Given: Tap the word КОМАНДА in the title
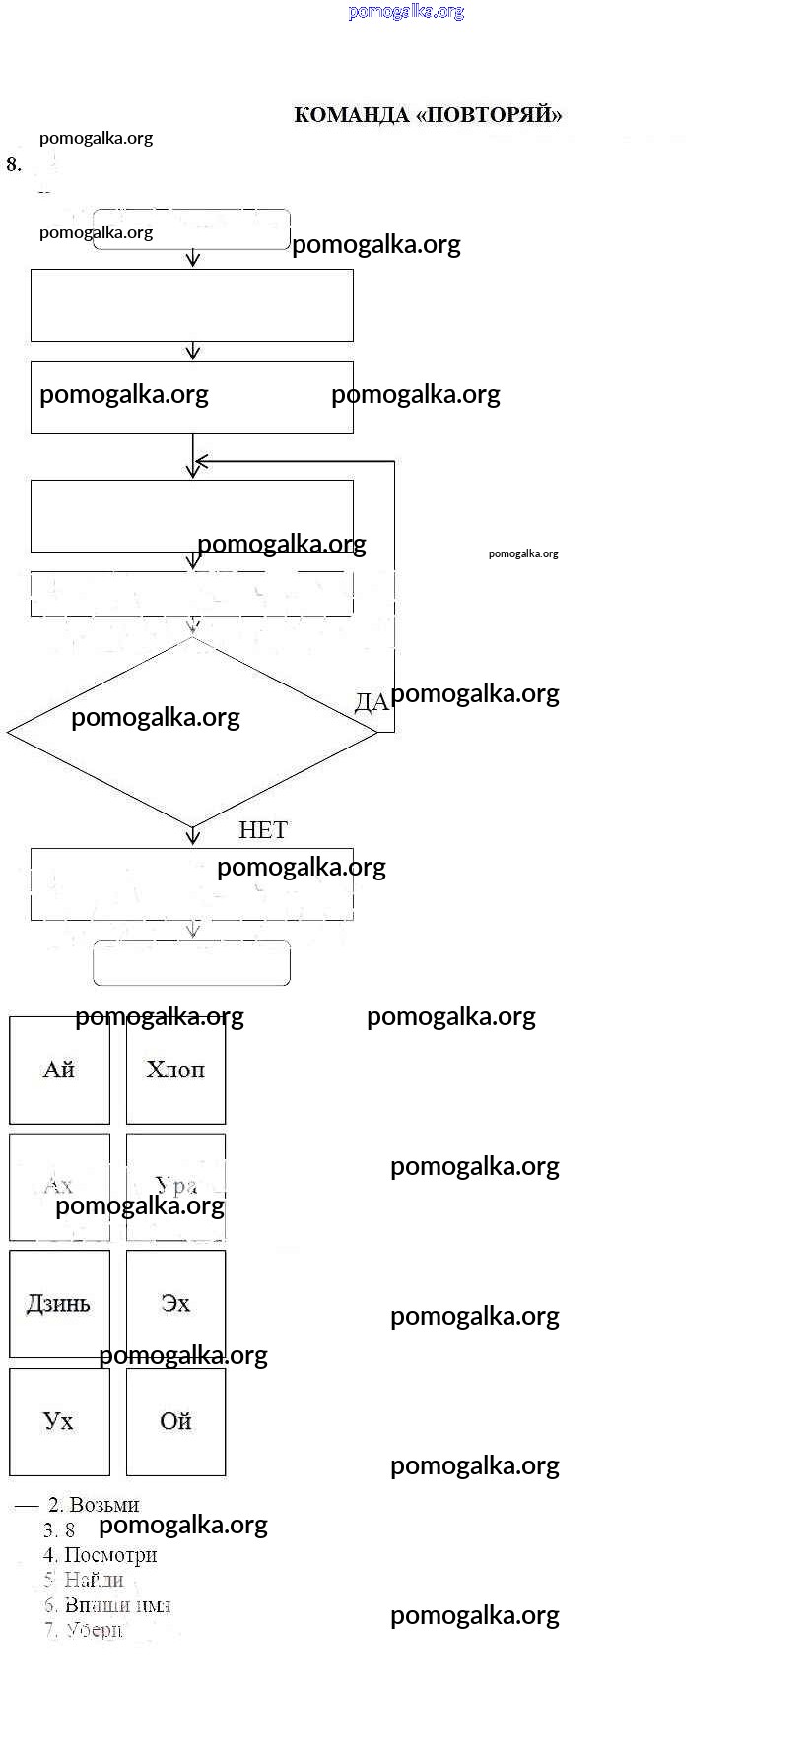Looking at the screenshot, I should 351,115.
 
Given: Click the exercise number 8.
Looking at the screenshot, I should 14,164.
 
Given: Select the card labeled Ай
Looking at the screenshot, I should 59,1071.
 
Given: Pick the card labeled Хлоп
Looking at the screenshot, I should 175,1071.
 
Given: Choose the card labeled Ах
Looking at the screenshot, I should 59,1186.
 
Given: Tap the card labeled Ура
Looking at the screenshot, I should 175,1186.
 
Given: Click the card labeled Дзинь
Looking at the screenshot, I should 59,1304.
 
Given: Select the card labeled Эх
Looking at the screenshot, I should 175,1304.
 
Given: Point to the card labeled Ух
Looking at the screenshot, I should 59,1421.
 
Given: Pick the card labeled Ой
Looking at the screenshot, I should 175,1421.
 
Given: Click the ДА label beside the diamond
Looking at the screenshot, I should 372,702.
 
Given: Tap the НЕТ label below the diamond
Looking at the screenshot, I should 263,830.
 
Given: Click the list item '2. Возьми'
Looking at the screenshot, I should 95,1505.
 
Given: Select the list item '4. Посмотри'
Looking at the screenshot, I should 101,1555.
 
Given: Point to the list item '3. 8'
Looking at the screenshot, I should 59,1529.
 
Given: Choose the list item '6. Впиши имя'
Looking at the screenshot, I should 107,1605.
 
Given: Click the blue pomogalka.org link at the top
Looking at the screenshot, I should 406,12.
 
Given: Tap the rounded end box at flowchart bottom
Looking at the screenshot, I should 191,962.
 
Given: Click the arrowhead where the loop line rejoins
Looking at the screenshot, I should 201,461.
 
